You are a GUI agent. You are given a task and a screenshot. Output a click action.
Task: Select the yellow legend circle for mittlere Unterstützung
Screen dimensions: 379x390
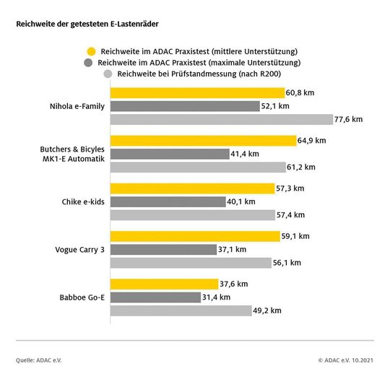(91, 51)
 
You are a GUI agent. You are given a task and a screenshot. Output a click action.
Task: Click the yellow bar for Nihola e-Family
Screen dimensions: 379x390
(197, 93)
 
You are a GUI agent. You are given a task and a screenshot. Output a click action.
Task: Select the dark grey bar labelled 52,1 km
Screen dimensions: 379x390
(184, 106)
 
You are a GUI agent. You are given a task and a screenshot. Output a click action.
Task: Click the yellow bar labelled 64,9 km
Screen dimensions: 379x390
(203, 141)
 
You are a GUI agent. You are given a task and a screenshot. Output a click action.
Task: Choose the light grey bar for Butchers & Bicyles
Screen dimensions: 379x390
(198, 167)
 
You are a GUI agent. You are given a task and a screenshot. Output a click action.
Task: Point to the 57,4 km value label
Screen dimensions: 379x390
(291, 215)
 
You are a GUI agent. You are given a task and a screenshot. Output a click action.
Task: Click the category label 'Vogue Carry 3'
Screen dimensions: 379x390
(80, 249)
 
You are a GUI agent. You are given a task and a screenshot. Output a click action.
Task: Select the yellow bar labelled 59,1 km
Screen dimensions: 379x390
(194, 236)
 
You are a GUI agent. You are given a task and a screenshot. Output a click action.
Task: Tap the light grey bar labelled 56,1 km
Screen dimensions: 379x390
(191, 263)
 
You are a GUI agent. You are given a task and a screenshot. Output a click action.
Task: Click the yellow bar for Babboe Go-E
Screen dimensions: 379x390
(164, 284)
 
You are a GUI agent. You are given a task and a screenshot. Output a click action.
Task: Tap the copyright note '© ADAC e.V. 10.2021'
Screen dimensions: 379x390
(344, 359)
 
